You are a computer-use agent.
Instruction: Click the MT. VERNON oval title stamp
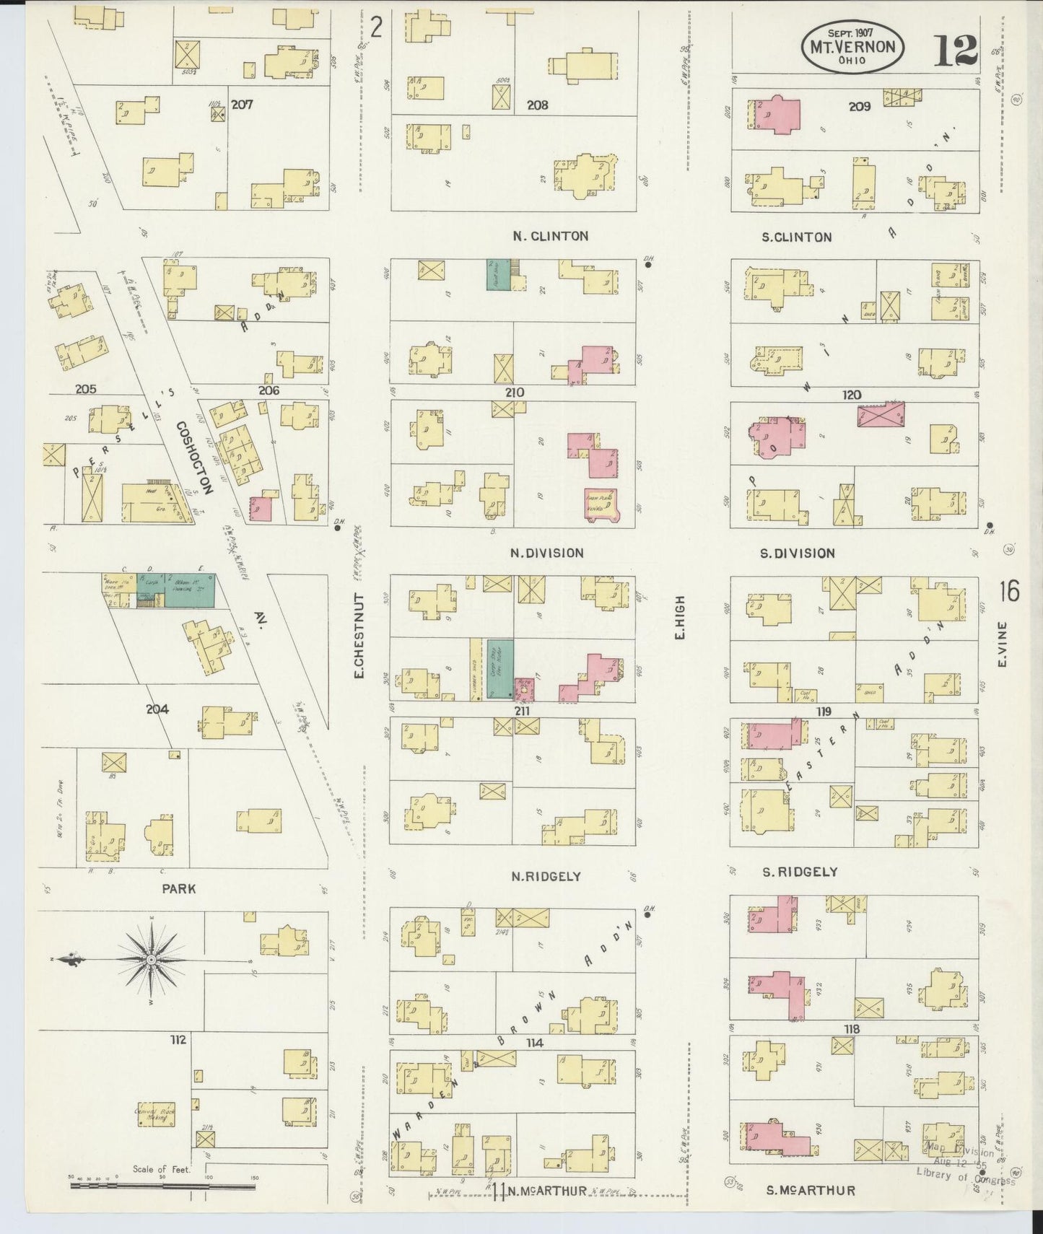pos(852,46)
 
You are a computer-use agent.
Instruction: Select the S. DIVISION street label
pos(797,553)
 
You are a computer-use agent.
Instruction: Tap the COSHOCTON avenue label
pos(194,458)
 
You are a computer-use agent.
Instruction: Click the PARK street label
pos(178,889)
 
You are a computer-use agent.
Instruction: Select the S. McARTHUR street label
pos(811,1191)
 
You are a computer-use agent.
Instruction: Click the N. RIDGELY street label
pos(546,877)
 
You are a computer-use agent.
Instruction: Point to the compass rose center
pos(151,960)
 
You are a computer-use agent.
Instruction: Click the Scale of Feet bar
pos(162,1184)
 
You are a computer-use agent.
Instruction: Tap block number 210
pos(514,393)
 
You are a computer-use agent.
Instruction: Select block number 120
pos(851,395)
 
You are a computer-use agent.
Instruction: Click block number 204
pos(157,709)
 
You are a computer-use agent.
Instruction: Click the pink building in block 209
pos(778,114)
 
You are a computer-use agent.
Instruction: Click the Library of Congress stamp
pos(964,1168)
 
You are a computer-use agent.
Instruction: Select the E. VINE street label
pos(1003,644)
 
